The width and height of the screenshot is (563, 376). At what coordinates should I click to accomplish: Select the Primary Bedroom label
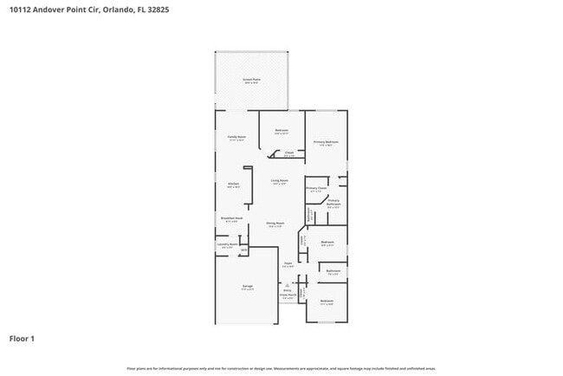(326, 142)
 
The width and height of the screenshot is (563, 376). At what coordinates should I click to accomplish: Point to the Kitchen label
(233, 185)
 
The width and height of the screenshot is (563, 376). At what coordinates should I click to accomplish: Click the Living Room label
(279, 181)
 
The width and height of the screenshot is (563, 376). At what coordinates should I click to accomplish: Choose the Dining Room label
(275, 224)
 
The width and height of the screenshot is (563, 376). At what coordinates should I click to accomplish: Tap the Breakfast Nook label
(230, 219)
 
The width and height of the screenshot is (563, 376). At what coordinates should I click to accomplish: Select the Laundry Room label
(227, 245)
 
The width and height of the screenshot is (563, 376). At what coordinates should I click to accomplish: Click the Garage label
(247, 286)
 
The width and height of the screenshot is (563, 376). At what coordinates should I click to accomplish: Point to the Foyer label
(288, 264)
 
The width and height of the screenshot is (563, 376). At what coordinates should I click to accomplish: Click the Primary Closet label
(316, 188)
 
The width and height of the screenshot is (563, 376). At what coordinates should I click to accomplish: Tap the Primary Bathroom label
(334, 203)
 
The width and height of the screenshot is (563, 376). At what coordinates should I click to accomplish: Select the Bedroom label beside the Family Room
(281, 132)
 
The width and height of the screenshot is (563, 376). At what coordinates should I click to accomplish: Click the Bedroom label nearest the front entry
(327, 301)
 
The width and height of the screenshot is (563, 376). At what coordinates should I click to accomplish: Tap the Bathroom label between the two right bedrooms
(333, 272)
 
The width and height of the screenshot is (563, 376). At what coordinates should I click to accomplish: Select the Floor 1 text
(22, 339)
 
